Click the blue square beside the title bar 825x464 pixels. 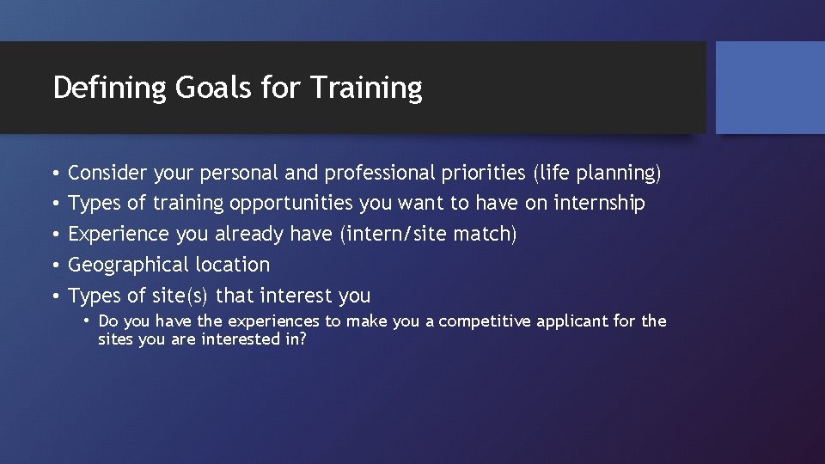[x=770, y=88]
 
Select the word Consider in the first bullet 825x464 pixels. [x=107, y=173]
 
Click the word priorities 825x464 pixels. [x=484, y=173]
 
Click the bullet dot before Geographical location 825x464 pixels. [x=54, y=266]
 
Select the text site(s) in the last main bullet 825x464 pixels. [x=180, y=296]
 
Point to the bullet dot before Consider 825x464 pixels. [x=54, y=174]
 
